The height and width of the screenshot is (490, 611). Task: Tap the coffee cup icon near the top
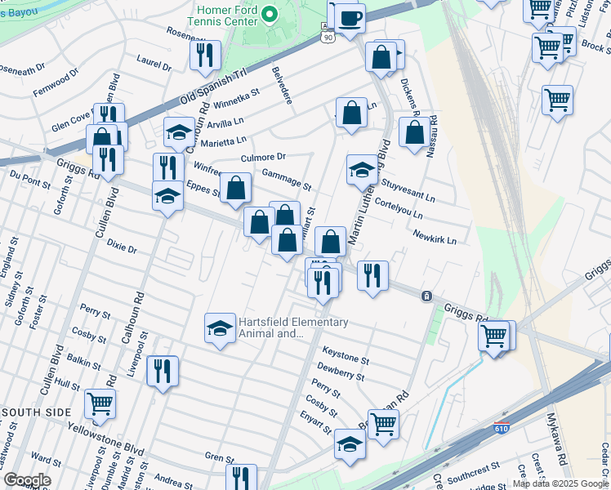(x=350, y=17)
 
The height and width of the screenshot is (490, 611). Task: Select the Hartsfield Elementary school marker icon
(x=218, y=328)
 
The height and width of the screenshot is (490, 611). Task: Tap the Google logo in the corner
(x=27, y=480)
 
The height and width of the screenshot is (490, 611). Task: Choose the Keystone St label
(x=346, y=355)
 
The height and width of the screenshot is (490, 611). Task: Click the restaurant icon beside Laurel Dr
(x=204, y=56)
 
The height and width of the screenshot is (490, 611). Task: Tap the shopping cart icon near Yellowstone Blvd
(x=100, y=403)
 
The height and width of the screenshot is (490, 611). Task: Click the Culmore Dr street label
(x=264, y=157)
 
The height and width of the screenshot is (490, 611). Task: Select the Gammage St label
(x=286, y=179)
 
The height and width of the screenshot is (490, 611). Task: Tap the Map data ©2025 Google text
(x=560, y=483)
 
